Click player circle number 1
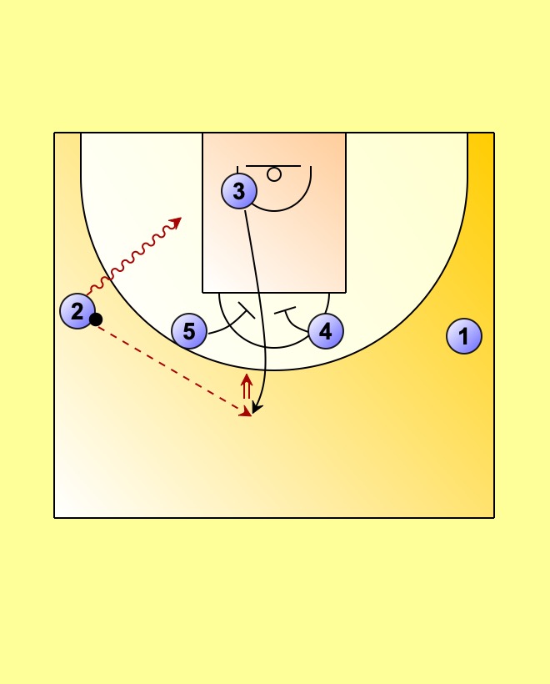pyautogui.click(x=464, y=336)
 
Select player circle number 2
pyautogui.click(x=77, y=311)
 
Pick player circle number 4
pyautogui.click(x=325, y=330)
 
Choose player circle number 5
pyautogui.click(x=189, y=331)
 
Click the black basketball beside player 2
pyautogui.click(x=96, y=319)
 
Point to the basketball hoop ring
pyautogui.click(x=274, y=174)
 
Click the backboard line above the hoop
pyautogui.click(x=273, y=166)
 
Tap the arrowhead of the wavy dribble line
pyautogui.click(x=176, y=221)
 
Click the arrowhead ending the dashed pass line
pyautogui.click(x=245, y=411)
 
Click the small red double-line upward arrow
pyautogui.click(x=247, y=386)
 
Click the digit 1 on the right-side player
pyautogui.click(x=464, y=336)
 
